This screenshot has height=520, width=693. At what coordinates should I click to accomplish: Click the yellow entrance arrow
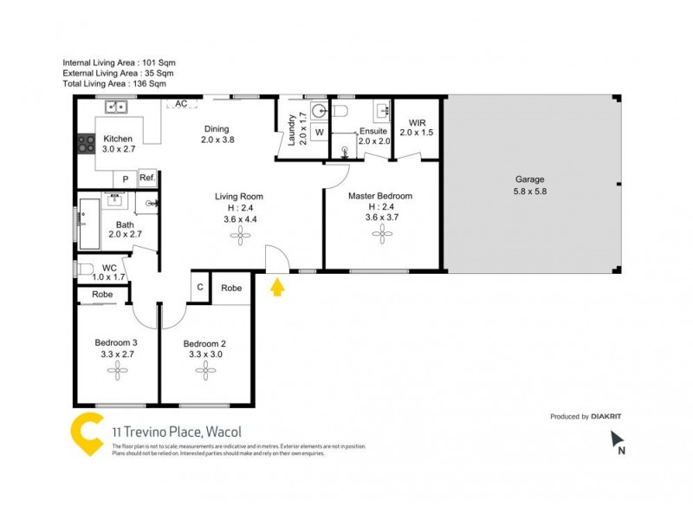pyautogui.click(x=277, y=287)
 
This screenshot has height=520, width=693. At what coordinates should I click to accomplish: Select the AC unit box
pyautogui.click(x=181, y=104)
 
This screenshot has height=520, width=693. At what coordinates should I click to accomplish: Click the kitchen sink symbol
pyautogui.click(x=116, y=107)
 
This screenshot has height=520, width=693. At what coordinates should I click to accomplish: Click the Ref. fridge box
pyautogui.click(x=147, y=179)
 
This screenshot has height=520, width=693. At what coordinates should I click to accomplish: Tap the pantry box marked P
pyautogui.click(x=126, y=179)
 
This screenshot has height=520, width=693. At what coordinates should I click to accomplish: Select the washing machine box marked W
pyautogui.click(x=319, y=132)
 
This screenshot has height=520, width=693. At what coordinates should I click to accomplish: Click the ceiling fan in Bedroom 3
pyautogui.click(x=116, y=370)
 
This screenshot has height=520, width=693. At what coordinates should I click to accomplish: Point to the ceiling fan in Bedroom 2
pyautogui.click(x=205, y=370)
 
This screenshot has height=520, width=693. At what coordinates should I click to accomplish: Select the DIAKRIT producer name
pyautogui.click(x=606, y=416)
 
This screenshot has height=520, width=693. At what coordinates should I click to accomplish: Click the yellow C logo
pyautogui.click(x=87, y=434)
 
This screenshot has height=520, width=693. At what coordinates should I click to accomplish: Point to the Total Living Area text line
pyautogui.click(x=114, y=84)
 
